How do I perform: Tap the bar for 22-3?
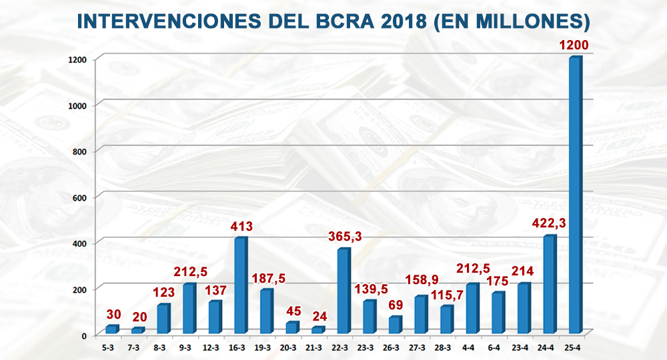343,291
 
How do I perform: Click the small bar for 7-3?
137,330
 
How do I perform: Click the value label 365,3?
345,235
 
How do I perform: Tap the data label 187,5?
269,277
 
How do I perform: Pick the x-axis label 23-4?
523,347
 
